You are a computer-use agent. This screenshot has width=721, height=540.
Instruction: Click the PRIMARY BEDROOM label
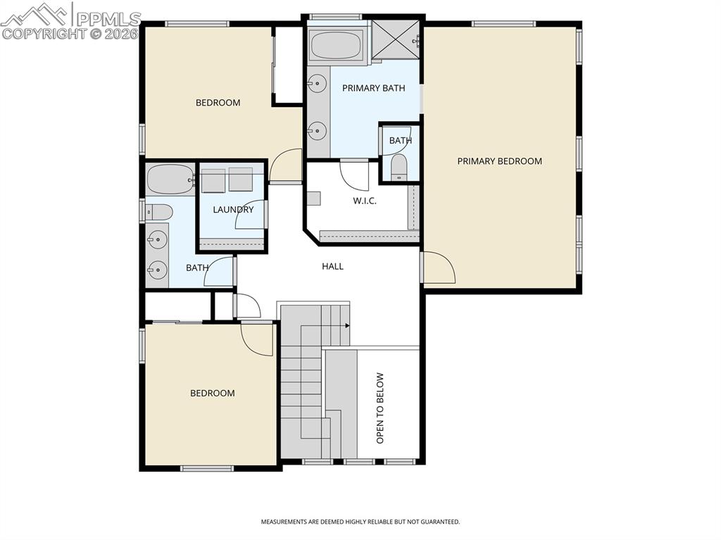coord(499,161)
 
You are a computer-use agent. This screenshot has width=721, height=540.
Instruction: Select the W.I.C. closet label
coord(364,201)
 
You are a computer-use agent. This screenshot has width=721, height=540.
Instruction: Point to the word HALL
coord(332,266)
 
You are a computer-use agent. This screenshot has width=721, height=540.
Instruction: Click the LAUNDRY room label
coord(233,209)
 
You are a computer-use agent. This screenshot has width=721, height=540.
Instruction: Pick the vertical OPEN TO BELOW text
coord(380,408)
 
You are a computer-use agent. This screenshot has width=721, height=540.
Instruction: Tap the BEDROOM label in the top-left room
coord(218,103)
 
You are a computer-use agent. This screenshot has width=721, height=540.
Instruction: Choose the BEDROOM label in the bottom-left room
coord(212,394)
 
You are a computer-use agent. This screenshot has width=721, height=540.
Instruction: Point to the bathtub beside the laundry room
coord(170,180)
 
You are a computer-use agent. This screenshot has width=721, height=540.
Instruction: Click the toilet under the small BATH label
coord(399,168)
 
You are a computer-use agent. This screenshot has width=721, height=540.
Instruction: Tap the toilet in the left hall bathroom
coord(159,211)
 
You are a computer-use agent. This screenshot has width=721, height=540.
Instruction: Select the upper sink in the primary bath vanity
coord(318,84)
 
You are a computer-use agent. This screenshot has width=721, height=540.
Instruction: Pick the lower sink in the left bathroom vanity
coord(158,269)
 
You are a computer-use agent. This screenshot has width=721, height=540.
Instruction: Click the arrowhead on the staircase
coord(348,325)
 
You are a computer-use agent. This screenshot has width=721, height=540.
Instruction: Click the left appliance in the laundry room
coord(213,180)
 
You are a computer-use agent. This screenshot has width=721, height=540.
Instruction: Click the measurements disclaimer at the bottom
coord(360,522)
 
